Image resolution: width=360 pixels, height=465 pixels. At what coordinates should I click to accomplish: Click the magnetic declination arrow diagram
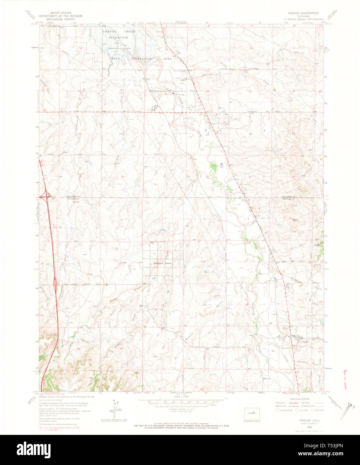coord(116,409)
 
